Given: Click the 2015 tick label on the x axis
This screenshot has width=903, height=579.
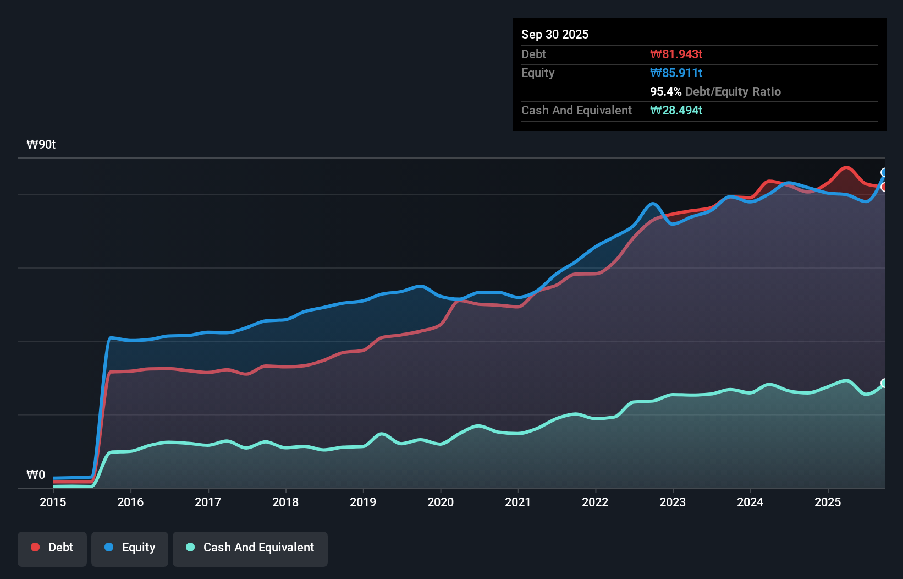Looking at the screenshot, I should (53, 502).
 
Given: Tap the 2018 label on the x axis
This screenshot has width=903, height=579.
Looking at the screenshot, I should (285, 502).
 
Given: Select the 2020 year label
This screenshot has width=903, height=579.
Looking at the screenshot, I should (441, 502).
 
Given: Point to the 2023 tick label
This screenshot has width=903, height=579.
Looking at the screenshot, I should (673, 502).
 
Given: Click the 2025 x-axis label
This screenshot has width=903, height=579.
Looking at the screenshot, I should (828, 502).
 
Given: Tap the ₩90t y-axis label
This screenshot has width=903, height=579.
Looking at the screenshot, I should (41, 145).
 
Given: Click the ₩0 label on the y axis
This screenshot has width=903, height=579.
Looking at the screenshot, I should (36, 474).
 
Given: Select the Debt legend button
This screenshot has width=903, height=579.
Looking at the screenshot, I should (52, 548).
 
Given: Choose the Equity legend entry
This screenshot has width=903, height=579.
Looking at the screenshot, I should (130, 548).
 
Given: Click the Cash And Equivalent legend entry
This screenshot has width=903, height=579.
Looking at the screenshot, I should (250, 548).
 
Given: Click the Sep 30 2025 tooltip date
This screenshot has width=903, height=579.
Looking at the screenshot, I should (555, 34).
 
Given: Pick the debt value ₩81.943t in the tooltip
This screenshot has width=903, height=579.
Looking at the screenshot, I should (676, 54).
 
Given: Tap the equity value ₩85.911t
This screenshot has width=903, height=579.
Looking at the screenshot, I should (676, 73).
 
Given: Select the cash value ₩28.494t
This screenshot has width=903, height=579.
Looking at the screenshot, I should (676, 110).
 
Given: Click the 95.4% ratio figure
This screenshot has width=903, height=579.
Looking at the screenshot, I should (665, 91).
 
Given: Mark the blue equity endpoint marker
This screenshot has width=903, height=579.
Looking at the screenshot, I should (884, 173).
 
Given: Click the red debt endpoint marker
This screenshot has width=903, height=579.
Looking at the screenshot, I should (884, 187).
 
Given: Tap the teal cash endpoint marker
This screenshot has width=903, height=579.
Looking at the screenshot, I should (884, 383).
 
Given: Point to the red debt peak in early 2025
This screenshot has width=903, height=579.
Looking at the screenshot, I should (846, 167).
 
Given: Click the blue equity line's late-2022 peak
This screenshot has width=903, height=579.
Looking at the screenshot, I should (653, 204).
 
